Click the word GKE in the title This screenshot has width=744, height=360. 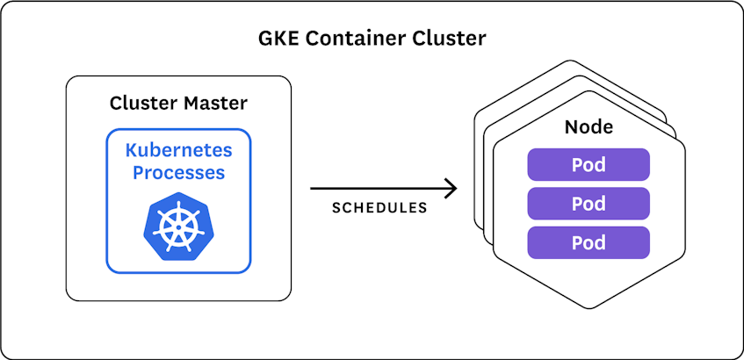coord(278,40)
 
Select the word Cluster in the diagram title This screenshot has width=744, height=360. coord(453,40)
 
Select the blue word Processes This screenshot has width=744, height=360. coord(178,172)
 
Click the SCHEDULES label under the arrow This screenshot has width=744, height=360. coord(379,209)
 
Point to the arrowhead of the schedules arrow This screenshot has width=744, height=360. coord(453,188)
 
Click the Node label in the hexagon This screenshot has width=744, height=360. coord(588,128)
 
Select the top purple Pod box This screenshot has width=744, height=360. coord(588,164)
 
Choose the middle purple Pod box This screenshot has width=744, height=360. coord(588,204)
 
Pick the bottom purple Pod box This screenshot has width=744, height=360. coord(588,242)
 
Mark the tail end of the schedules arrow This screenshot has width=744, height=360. coord(313,188)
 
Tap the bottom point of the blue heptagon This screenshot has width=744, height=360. coord(178,261)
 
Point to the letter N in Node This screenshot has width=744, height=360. coord(569,128)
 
